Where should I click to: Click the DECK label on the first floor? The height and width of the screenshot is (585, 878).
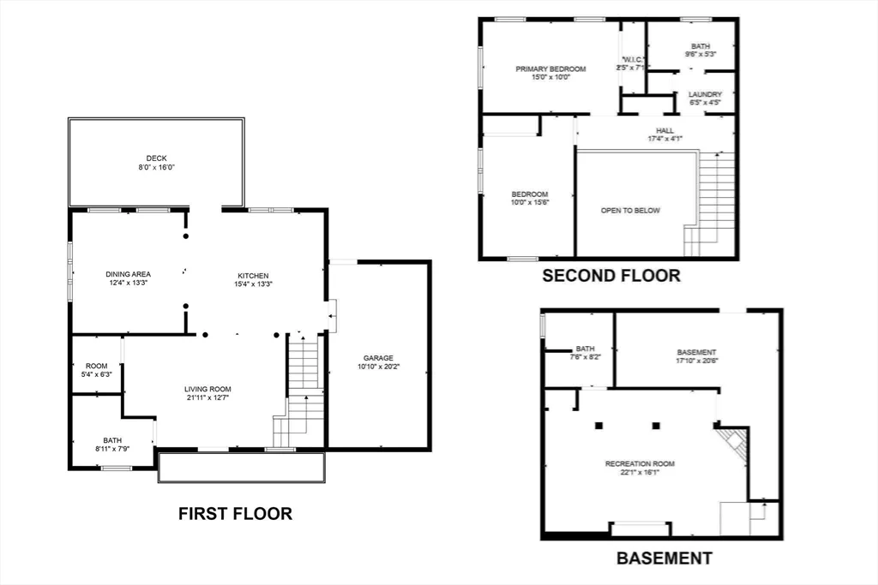point(156,158)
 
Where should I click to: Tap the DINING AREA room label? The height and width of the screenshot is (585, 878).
point(128,274)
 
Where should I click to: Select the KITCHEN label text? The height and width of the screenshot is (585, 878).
point(253,275)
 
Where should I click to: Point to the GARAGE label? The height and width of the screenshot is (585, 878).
point(377,358)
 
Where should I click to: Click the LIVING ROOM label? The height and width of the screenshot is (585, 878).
point(207,389)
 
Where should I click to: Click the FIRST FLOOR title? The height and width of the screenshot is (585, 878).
point(235,514)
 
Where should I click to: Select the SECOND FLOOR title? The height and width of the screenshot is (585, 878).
point(610,276)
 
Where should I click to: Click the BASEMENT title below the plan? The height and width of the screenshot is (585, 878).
point(664,558)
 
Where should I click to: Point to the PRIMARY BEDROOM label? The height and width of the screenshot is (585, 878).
point(550,69)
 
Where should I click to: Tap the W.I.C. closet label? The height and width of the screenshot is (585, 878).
point(634,59)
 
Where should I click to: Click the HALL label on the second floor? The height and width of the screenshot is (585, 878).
point(665,130)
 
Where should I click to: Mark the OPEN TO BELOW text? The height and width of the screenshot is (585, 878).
point(630,211)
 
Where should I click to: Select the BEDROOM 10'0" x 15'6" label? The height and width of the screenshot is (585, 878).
point(530,194)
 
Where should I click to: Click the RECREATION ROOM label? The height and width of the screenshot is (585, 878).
point(640,463)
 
